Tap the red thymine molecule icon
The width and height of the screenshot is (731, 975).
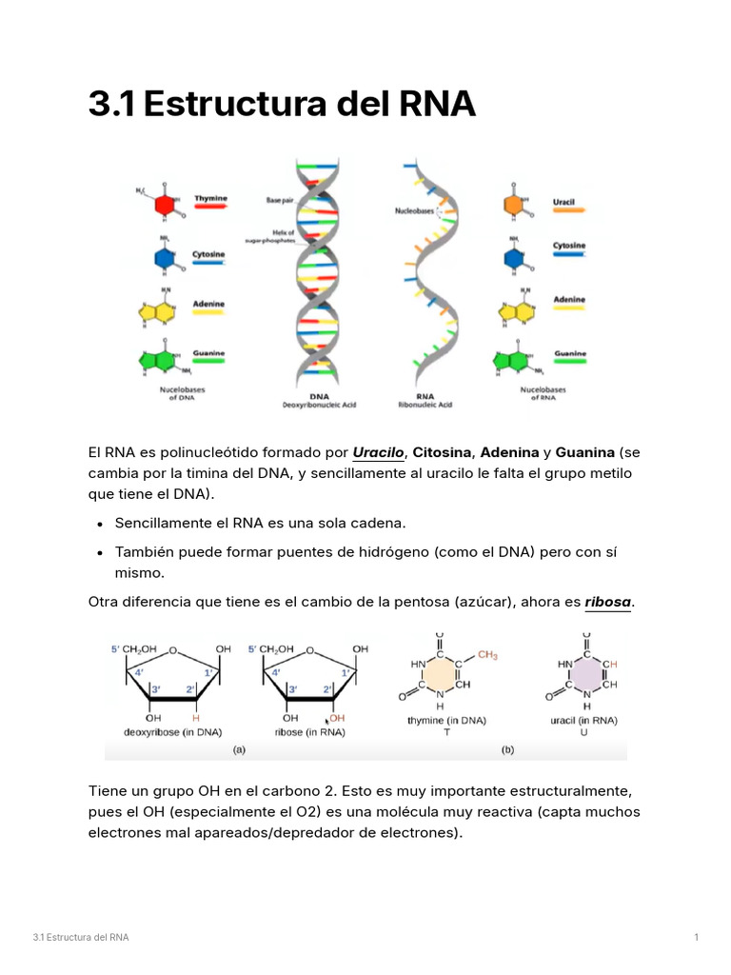point(166,205)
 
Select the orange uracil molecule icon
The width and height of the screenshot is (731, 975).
point(515,204)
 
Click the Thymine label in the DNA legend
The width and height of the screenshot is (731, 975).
point(210,199)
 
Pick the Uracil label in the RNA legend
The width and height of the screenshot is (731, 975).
point(563,203)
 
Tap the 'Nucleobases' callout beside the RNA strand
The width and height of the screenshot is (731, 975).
point(413,211)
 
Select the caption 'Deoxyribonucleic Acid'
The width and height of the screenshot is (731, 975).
point(319,405)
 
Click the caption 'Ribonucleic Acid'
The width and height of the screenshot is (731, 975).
point(425,405)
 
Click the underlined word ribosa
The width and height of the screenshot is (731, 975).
point(607,602)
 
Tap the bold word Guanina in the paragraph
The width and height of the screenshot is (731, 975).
point(584,451)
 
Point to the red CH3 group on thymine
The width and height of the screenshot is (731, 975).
point(487,655)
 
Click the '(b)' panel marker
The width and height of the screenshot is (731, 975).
point(508,749)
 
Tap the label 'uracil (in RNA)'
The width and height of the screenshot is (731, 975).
point(583,721)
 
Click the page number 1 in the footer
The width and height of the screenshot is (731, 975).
point(697,938)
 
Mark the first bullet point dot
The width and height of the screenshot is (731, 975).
point(101,525)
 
